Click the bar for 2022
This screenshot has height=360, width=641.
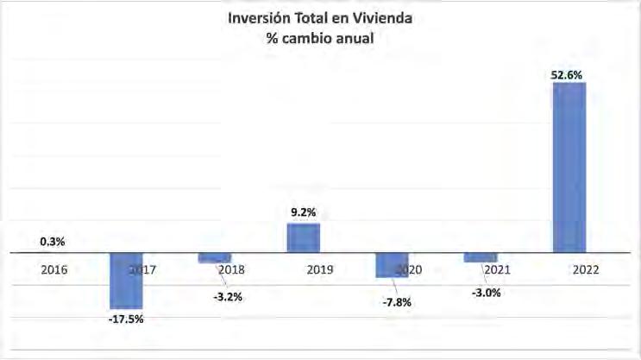[569, 167]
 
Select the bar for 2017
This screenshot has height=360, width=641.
[126, 281]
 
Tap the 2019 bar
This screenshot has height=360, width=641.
[304, 237]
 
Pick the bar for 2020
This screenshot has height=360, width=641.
[392, 265]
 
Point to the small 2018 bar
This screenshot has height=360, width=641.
[215, 258]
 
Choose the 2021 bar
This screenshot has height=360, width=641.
[481, 257]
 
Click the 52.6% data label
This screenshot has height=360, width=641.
[567, 75]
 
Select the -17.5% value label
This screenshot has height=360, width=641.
[126, 319]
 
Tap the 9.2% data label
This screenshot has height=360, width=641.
[304, 212]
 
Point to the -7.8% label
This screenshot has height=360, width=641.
[397, 303]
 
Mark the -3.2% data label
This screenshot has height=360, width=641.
[228, 297]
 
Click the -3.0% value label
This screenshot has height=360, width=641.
[486, 293]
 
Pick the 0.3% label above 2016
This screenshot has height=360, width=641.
[53, 242]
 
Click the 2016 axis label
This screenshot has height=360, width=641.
[54, 269]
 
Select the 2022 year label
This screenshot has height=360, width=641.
[586, 269]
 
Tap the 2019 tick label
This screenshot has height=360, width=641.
[320, 269]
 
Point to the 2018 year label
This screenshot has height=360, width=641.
[231, 269]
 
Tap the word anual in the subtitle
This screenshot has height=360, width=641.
[355, 38]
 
